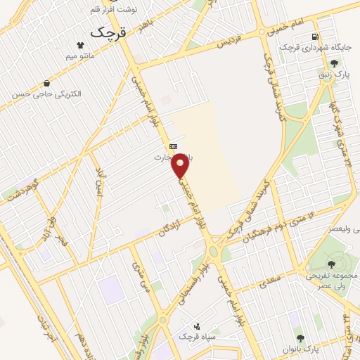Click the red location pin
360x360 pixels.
click(x=181, y=165)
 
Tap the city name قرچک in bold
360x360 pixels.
click(x=106, y=32)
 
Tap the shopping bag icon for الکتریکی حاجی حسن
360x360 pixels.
click(x=46, y=82)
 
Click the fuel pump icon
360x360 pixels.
click(x=315, y=37)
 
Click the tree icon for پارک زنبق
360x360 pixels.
click(x=344, y=64)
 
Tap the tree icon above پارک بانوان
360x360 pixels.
click(x=301, y=338)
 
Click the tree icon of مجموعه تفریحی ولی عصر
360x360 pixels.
click(x=331, y=245)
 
